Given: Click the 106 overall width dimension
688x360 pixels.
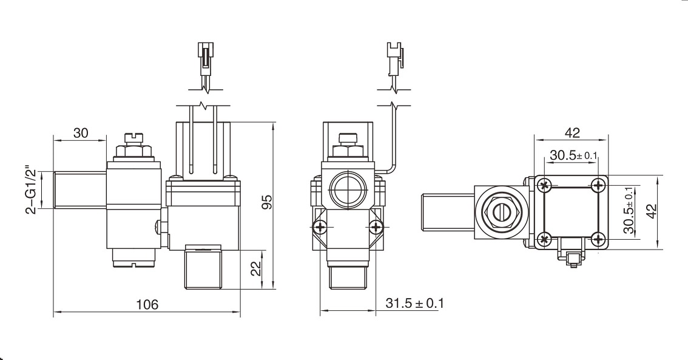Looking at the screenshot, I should pos(146,304).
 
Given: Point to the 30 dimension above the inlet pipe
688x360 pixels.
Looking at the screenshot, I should pos(81,134).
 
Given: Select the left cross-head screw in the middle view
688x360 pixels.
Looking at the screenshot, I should pos(320,227).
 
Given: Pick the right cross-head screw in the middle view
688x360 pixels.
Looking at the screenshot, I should pos(377,227).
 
